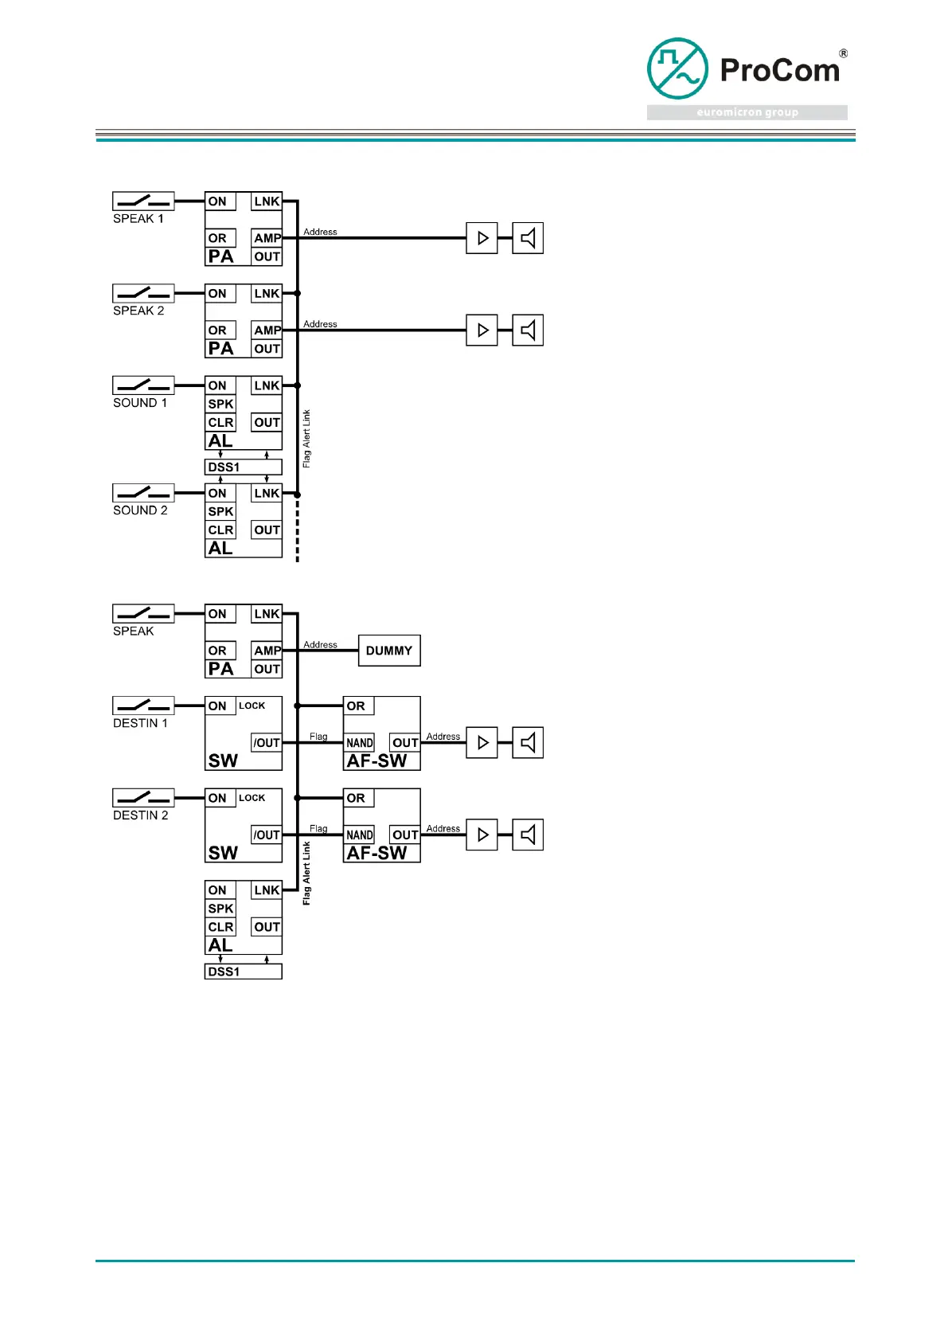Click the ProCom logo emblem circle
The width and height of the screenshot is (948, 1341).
[677, 68]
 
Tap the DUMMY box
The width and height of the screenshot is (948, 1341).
[389, 651]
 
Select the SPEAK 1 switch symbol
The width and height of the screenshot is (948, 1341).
[143, 201]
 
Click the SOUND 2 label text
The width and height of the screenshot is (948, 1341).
[140, 510]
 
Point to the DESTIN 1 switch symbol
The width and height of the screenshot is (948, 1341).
[143, 706]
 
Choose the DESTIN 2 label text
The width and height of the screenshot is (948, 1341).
[141, 815]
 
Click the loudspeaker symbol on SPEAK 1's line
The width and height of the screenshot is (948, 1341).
[528, 238]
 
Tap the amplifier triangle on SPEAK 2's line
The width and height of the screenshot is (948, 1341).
[482, 330]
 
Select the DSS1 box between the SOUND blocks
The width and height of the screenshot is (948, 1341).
[243, 467]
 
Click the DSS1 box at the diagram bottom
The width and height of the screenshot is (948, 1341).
[243, 972]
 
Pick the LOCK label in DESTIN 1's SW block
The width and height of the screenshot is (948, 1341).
[252, 706]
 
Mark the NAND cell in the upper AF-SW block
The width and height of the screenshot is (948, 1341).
[359, 743]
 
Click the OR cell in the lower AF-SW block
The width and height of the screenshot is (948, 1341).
[357, 798]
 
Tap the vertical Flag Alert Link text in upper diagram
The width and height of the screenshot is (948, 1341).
[306, 439]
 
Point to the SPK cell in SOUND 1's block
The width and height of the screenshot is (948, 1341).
[220, 405]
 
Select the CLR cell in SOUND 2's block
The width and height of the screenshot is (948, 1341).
[220, 530]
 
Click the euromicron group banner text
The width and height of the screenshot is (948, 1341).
[747, 112]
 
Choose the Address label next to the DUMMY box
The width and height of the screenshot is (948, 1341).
[320, 644]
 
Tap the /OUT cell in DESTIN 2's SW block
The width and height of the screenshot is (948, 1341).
[267, 835]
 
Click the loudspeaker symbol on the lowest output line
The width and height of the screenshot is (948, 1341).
[528, 835]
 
